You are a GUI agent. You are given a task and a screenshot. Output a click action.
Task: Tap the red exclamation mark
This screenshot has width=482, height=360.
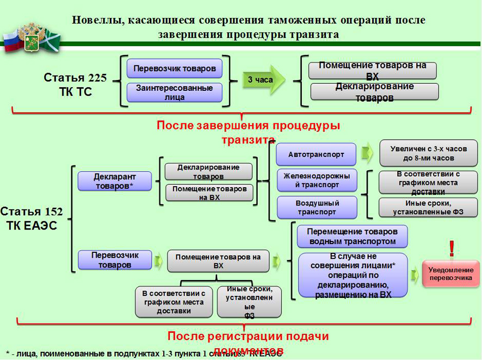pos(451,249)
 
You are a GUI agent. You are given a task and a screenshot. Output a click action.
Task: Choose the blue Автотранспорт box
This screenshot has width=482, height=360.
pos(316,154)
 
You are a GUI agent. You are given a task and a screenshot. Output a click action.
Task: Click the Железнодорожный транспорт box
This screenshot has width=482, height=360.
pos(317,180)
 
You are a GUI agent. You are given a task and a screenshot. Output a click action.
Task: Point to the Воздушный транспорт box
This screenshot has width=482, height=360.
pos(317,207)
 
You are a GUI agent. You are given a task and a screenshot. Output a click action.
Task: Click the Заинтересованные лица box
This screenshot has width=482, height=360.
pos(175,92)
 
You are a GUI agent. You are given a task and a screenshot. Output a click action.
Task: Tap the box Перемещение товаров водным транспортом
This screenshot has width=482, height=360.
pos(352,236)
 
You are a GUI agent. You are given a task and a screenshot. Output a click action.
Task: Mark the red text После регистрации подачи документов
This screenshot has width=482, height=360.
pos(248,342)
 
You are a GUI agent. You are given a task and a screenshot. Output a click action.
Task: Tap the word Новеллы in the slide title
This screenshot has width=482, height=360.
pos(95,20)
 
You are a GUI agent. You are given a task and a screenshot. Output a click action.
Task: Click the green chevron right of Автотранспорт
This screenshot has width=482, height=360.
pos(368,153)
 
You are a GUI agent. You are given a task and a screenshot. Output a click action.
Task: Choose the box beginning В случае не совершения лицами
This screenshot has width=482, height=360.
pos(352,275)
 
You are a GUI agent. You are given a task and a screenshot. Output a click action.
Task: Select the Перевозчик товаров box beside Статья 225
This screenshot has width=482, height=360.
pos(175,69)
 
